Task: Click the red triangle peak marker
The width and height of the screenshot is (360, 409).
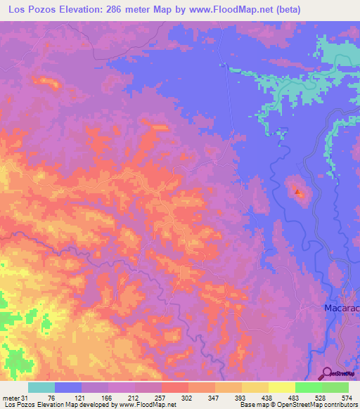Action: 298,191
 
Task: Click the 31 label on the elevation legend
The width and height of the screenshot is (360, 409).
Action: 26,398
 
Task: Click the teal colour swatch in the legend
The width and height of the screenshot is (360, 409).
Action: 41,387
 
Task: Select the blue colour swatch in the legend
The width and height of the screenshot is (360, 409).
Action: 68,387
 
